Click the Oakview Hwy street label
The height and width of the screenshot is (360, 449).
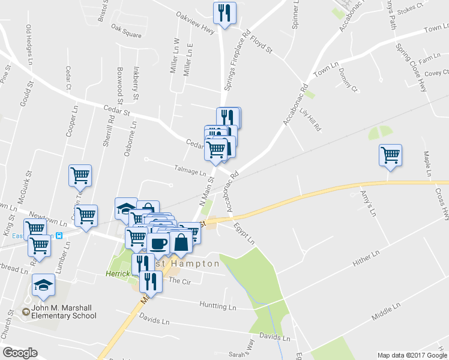[x=195, y=22]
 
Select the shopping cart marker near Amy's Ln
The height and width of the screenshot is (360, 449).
[x=390, y=155]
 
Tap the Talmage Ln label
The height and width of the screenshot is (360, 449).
[x=190, y=171]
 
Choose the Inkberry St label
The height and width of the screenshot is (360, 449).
[x=136, y=83]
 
